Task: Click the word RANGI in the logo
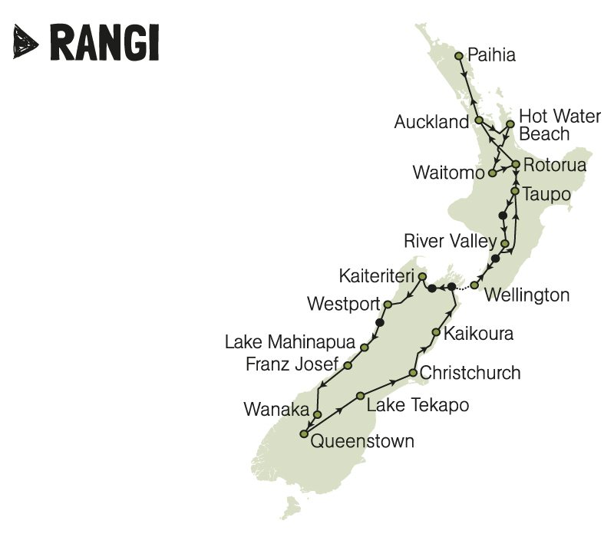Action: point(104,41)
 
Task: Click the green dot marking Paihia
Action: point(459,55)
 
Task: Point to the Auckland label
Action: point(431,122)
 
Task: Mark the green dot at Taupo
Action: point(514,189)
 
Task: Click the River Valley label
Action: point(450,242)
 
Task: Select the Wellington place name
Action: point(528,295)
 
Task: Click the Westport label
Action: point(343,304)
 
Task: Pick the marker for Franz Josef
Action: point(348,366)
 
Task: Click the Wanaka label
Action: point(276,410)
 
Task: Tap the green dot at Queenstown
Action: point(304,434)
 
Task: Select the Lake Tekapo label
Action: point(417,404)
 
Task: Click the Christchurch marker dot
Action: point(412,374)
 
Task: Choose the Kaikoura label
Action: point(479,334)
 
